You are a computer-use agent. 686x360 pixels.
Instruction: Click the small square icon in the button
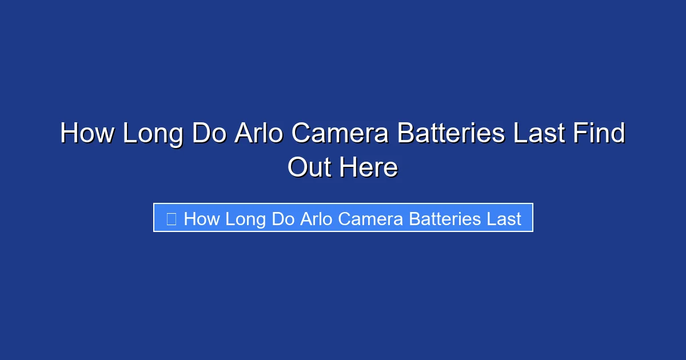[x=171, y=218]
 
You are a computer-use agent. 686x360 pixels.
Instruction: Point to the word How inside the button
[x=202, y=219]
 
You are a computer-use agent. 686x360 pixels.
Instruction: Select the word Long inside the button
[x=246, y=219]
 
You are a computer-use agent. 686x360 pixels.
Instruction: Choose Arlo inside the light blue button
[x=316, y=219]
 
